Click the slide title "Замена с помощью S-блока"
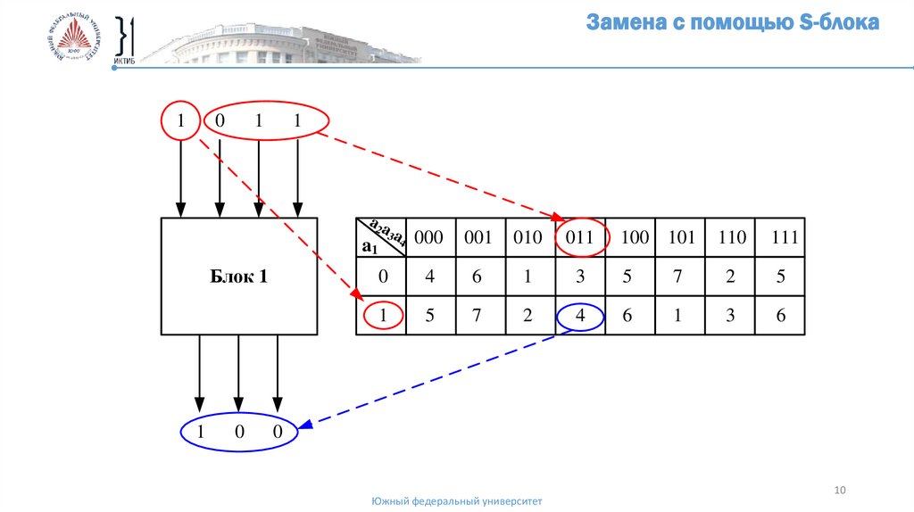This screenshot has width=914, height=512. pos(732,23)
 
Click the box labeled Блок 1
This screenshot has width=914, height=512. pos(238,277)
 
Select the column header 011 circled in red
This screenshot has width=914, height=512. pos(580,238)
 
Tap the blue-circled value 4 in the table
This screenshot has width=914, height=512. pos(580,316)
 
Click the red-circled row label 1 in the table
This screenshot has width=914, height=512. pos(383,316)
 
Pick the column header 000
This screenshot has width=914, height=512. pos(429,238)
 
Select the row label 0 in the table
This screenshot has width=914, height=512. pos(383,277)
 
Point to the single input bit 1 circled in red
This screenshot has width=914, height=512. pos(181,121)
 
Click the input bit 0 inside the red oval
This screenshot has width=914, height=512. pos(220,122)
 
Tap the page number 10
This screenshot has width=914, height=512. pos(839,491)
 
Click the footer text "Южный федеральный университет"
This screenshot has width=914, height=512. pos(456,502)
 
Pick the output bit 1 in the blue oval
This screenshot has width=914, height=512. pos(201,434)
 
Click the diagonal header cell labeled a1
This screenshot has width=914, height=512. pos(381,238)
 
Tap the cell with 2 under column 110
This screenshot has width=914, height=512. pos(730,277)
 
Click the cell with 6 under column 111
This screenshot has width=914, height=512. pos(781,316)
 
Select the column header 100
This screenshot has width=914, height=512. pos(630,238)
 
